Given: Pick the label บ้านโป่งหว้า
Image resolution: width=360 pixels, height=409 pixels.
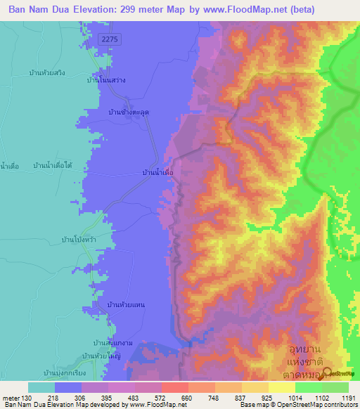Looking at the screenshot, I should (79, 239).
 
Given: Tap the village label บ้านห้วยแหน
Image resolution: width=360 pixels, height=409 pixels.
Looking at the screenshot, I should (126, 304).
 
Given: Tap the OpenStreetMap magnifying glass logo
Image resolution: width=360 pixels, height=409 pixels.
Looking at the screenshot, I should (326, 374).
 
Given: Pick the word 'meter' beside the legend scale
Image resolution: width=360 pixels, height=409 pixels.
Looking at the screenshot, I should (10, 397).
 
